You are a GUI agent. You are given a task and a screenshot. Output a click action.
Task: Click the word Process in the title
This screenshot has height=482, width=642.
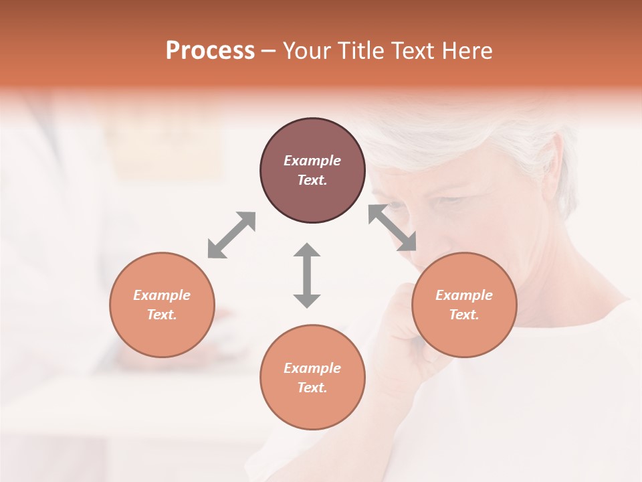(210, 51)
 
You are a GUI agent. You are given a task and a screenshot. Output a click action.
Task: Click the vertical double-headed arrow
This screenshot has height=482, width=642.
(307, 275)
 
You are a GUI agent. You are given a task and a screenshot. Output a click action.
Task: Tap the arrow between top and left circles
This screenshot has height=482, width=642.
(231, 235)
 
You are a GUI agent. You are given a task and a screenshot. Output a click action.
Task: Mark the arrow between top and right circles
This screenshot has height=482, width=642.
(393, 228)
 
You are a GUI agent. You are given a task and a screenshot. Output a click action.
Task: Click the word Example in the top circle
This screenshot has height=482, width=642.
(312, 161)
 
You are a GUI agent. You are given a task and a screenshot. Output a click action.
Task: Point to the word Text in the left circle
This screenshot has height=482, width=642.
(162, 315)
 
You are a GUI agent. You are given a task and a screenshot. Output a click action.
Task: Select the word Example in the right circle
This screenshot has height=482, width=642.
(464, 295)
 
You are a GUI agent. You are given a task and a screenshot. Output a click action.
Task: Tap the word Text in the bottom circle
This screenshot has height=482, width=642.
(312, 388)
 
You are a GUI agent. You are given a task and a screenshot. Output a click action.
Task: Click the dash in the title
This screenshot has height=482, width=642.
(268, 51)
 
